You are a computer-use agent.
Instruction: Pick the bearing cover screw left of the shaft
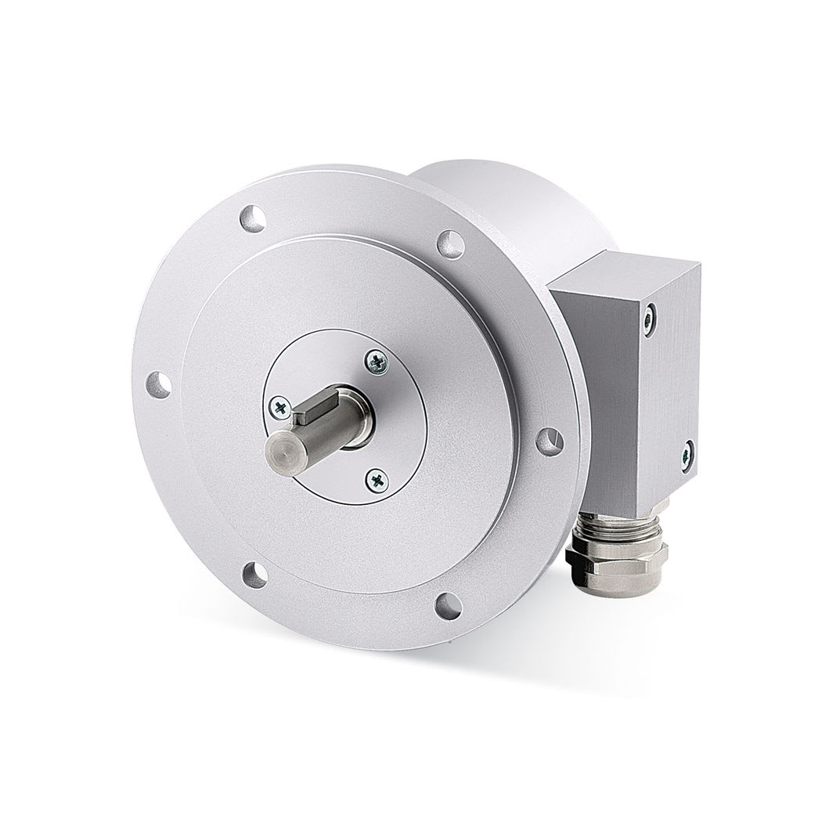coord(278,405)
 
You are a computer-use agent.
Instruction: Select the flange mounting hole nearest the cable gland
coord(549,441)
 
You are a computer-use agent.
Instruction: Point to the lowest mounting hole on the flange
coord(448,605)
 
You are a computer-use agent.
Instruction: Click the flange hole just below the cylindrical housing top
coord(451,243)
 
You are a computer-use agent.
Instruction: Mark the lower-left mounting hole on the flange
coord(254,574)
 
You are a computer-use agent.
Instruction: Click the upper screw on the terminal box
coord(650,319)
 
